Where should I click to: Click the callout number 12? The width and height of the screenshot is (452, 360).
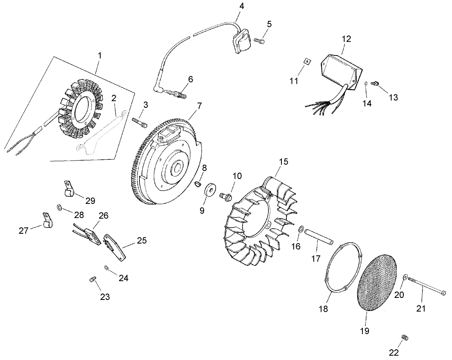click(x=346, y=39)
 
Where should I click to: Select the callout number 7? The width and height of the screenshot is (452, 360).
click(x=199, y=105)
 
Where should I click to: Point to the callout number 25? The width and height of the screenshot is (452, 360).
click(x=141, y=241)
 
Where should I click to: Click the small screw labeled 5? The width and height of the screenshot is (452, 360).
click(x=259, y=40)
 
